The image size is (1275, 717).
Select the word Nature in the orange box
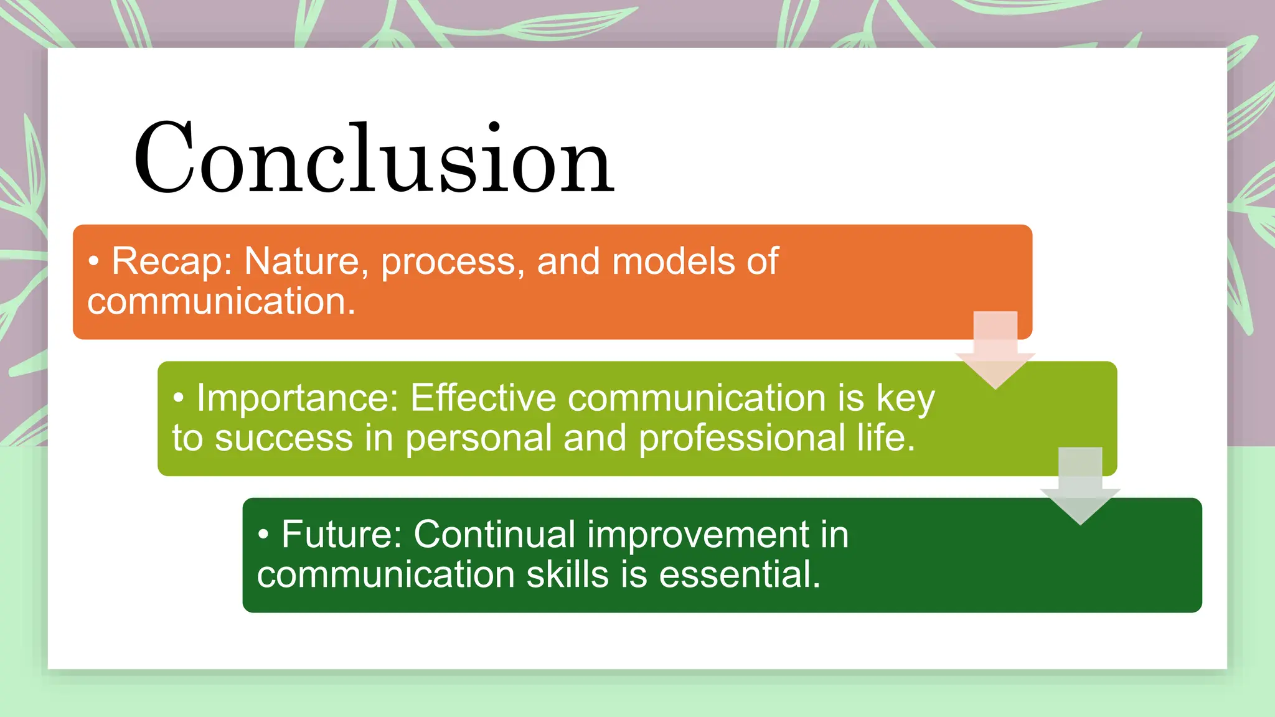pos(301,261)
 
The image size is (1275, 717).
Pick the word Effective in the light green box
pos(482,398)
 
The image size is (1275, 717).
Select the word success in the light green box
pos(284,439)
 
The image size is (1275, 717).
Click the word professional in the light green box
pos(741,439)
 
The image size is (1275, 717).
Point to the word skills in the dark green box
pos(567,574)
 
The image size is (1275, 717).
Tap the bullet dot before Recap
pos(93,262)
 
